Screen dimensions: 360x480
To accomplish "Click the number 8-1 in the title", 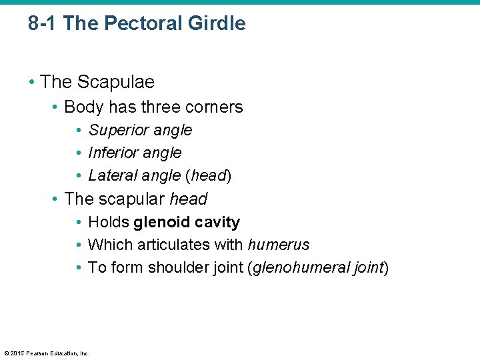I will pos(43,24).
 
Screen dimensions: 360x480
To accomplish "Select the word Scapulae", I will pos(116,82).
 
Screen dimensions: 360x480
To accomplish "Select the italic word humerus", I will pos(279,245).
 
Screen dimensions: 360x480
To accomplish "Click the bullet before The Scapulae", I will pos(32,83).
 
